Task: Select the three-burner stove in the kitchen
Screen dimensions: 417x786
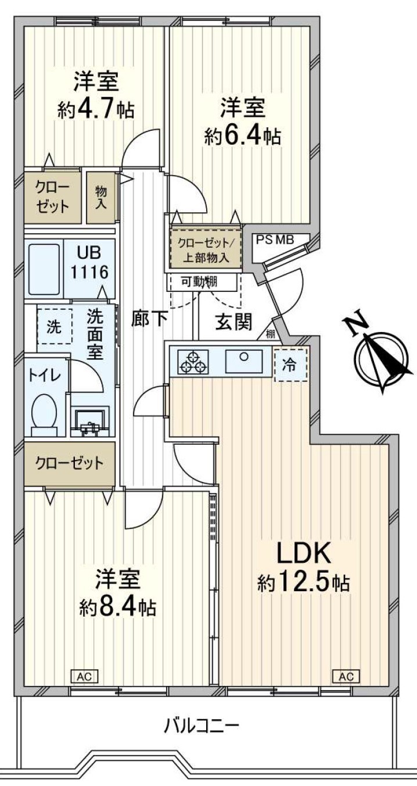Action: [x=193, y=362]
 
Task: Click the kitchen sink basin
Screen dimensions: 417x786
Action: [x=244, y=361]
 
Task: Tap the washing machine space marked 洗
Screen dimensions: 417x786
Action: [x=55, y=326]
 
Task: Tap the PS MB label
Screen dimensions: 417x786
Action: [x=275, y=240]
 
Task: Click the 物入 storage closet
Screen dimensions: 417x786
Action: [x=101, y=197]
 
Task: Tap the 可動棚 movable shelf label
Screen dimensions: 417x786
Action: [x=199, y=281]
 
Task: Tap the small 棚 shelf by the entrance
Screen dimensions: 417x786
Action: [x=271, y=334]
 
